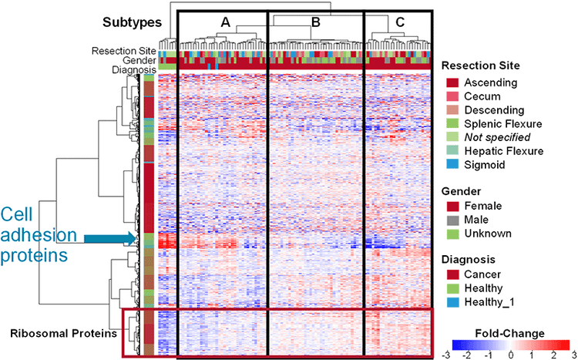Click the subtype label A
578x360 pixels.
pyautogui.click(x=225, y=23)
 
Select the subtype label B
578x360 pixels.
pyautogui.click(x=315, y=23)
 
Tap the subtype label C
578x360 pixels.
pyautogui.click(x=400, y=23)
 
